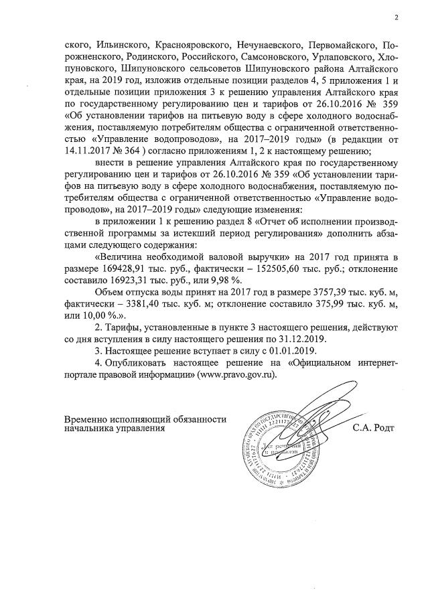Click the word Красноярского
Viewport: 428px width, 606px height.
pyautogui.click(x=189, y=46)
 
